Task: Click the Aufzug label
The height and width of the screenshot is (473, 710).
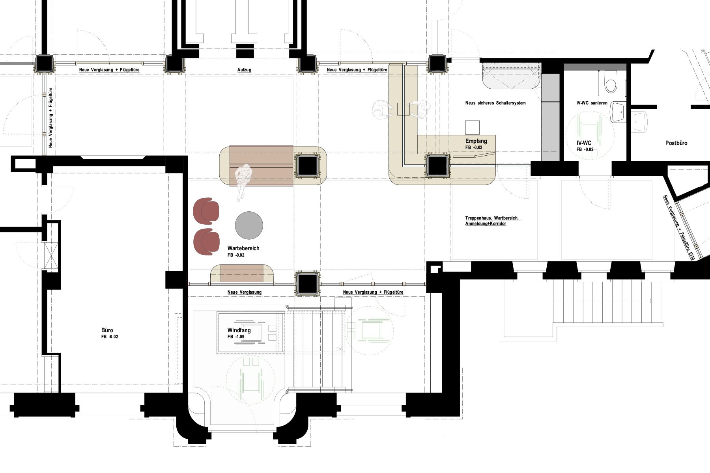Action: click(244, 70)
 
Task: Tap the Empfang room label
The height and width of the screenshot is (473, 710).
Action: click(476, 141)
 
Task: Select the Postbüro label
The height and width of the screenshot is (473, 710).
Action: click(676, 143)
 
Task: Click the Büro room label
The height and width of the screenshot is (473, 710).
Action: click(107, 330)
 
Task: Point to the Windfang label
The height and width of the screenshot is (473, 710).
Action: click(239, 330)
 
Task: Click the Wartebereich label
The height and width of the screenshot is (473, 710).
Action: click(243, 248)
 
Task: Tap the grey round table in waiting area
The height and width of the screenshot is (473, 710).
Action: click(249, 225)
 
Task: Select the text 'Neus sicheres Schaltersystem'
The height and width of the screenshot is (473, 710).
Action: click(495, 103)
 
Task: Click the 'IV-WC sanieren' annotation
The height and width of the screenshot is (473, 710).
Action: click(592, 103)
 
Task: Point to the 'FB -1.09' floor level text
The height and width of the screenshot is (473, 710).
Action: click(236, 337)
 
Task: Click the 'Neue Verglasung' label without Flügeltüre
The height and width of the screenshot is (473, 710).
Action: click(245, 292)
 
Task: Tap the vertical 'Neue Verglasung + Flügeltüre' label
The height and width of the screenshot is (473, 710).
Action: click(50, 117)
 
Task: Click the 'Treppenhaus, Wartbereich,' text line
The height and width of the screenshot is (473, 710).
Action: click(493, 218)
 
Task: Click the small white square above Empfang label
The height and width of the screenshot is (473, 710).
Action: click(473, 127)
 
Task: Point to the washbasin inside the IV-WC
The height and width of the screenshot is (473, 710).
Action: click(618, 112)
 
